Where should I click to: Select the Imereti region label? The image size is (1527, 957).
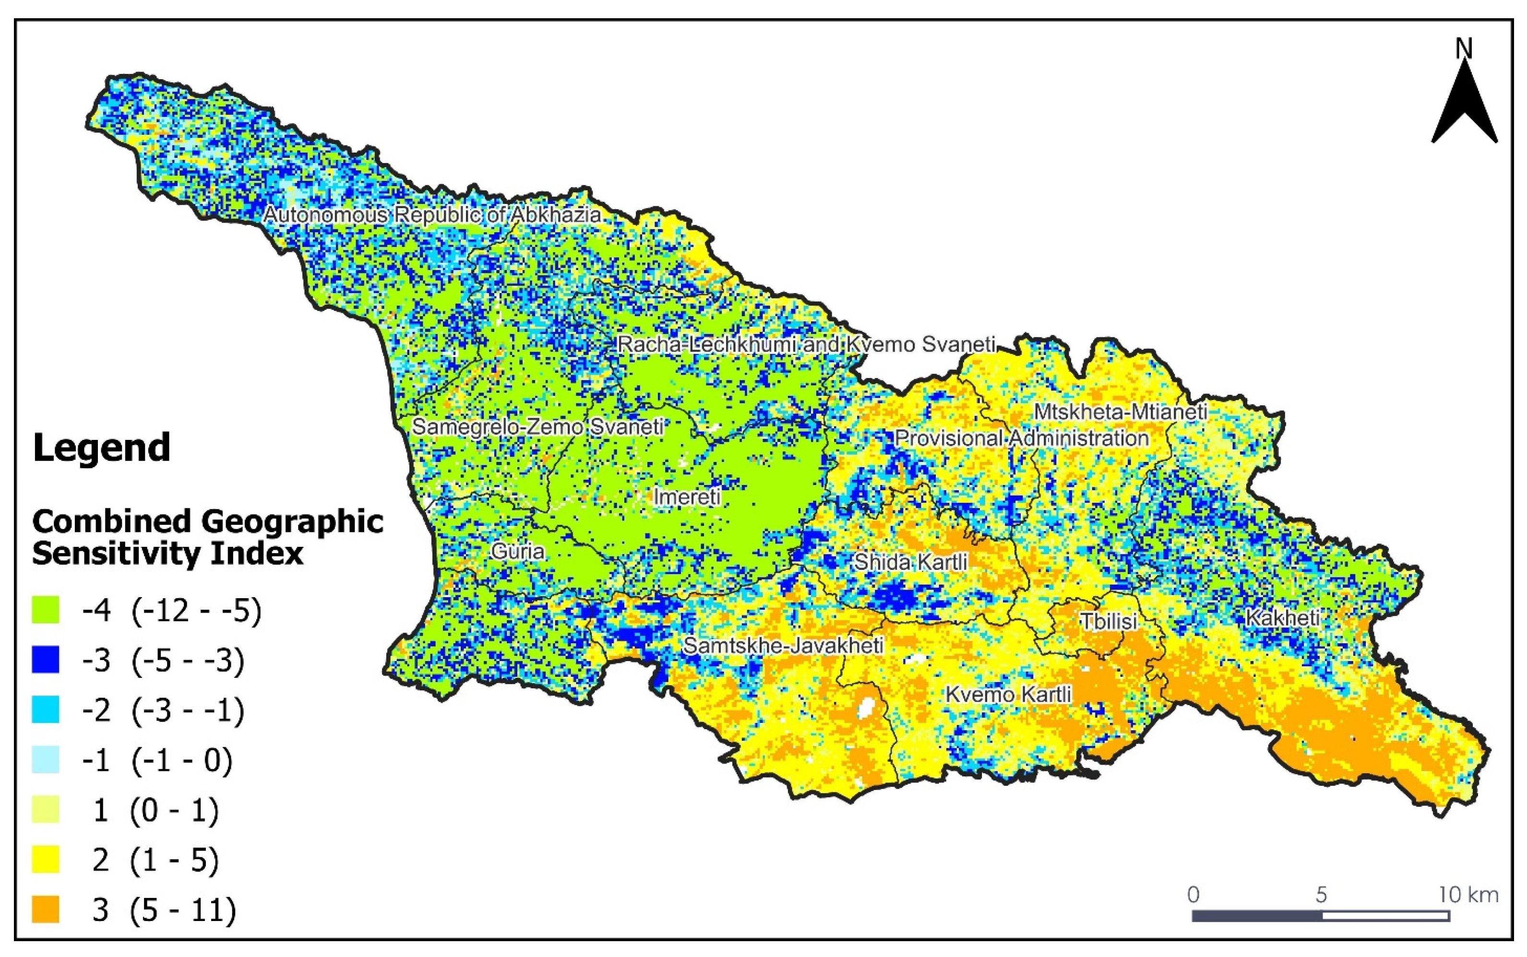click(x=687, y=497)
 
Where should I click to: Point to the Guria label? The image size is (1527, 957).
click(x=517, y=551)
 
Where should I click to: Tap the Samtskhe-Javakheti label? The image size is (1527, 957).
click(x=783, y=645)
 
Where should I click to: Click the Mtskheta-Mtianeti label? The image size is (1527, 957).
click(x=1121, y=412)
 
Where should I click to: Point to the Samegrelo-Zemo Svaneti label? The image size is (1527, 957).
click(x=537, y=426)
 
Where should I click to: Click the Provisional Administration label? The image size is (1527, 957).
click(x=1021, y=438)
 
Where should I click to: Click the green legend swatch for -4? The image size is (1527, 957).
click(x=46, y=611)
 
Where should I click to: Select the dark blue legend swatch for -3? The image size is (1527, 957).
click(x=46, y=660)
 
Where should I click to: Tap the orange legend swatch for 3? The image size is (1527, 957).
click(x=46, y=910)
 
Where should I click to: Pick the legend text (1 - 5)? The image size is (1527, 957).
click(x=174, y=860)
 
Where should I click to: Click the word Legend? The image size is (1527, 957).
click(x=101, y=448)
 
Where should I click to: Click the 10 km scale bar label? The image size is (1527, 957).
click(x=1468, y=895)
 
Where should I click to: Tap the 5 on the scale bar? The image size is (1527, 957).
click(x=1321, y=895)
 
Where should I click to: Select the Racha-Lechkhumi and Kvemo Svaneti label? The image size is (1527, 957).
click(x=806, y=344)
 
